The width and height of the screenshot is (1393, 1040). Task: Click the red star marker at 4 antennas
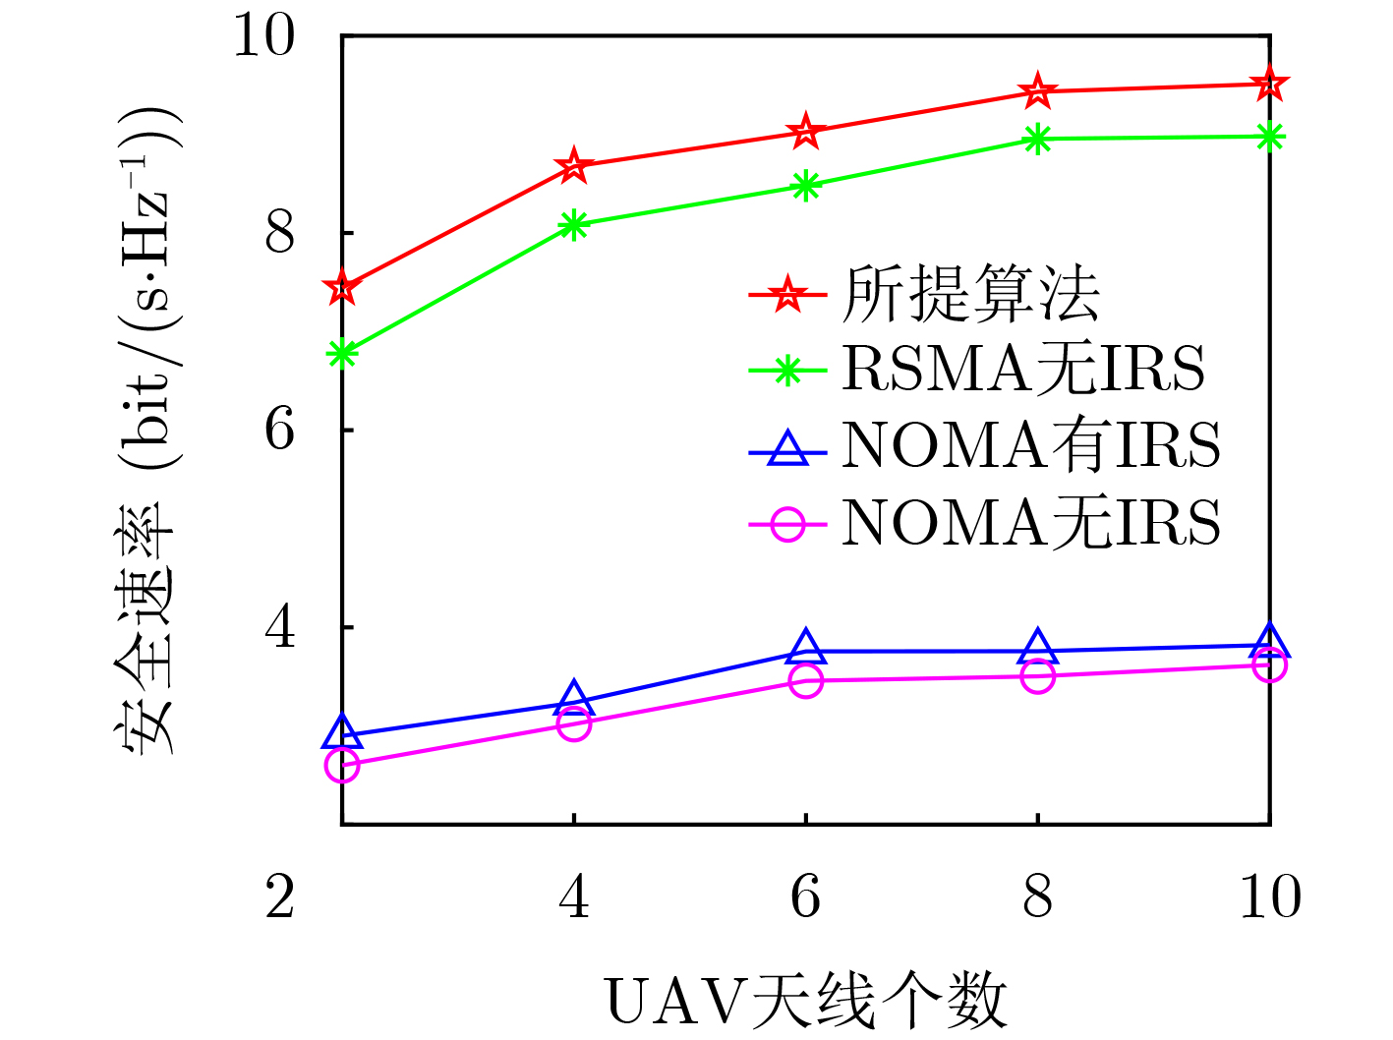[x=574, y=166]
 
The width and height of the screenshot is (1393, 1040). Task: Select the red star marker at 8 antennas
[x=1038, y=91]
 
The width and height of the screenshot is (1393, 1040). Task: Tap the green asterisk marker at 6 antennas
[x=806, y=186]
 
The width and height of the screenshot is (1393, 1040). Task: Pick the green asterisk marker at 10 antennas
[x=1270, y=137]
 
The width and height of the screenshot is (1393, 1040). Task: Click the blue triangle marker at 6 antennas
[x=806, y=648]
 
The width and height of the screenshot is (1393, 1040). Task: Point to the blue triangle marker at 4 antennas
[x=574, y=699]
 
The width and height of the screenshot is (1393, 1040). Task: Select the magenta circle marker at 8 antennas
[x=1038, y=676]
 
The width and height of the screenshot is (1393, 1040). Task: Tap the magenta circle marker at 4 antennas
[x=574, y=724]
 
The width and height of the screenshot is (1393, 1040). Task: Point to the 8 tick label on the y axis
[x=280, y=234]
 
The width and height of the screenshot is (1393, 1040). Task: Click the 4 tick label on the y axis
[x=280, y=627]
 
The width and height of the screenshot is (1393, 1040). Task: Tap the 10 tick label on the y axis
[x=263, y=37]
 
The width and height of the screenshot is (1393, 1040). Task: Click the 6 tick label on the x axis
[x=806, y=896]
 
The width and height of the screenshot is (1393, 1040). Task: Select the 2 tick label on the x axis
[x=280, y=896]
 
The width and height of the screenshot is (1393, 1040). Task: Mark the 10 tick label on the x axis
[x=1270, y=896]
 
